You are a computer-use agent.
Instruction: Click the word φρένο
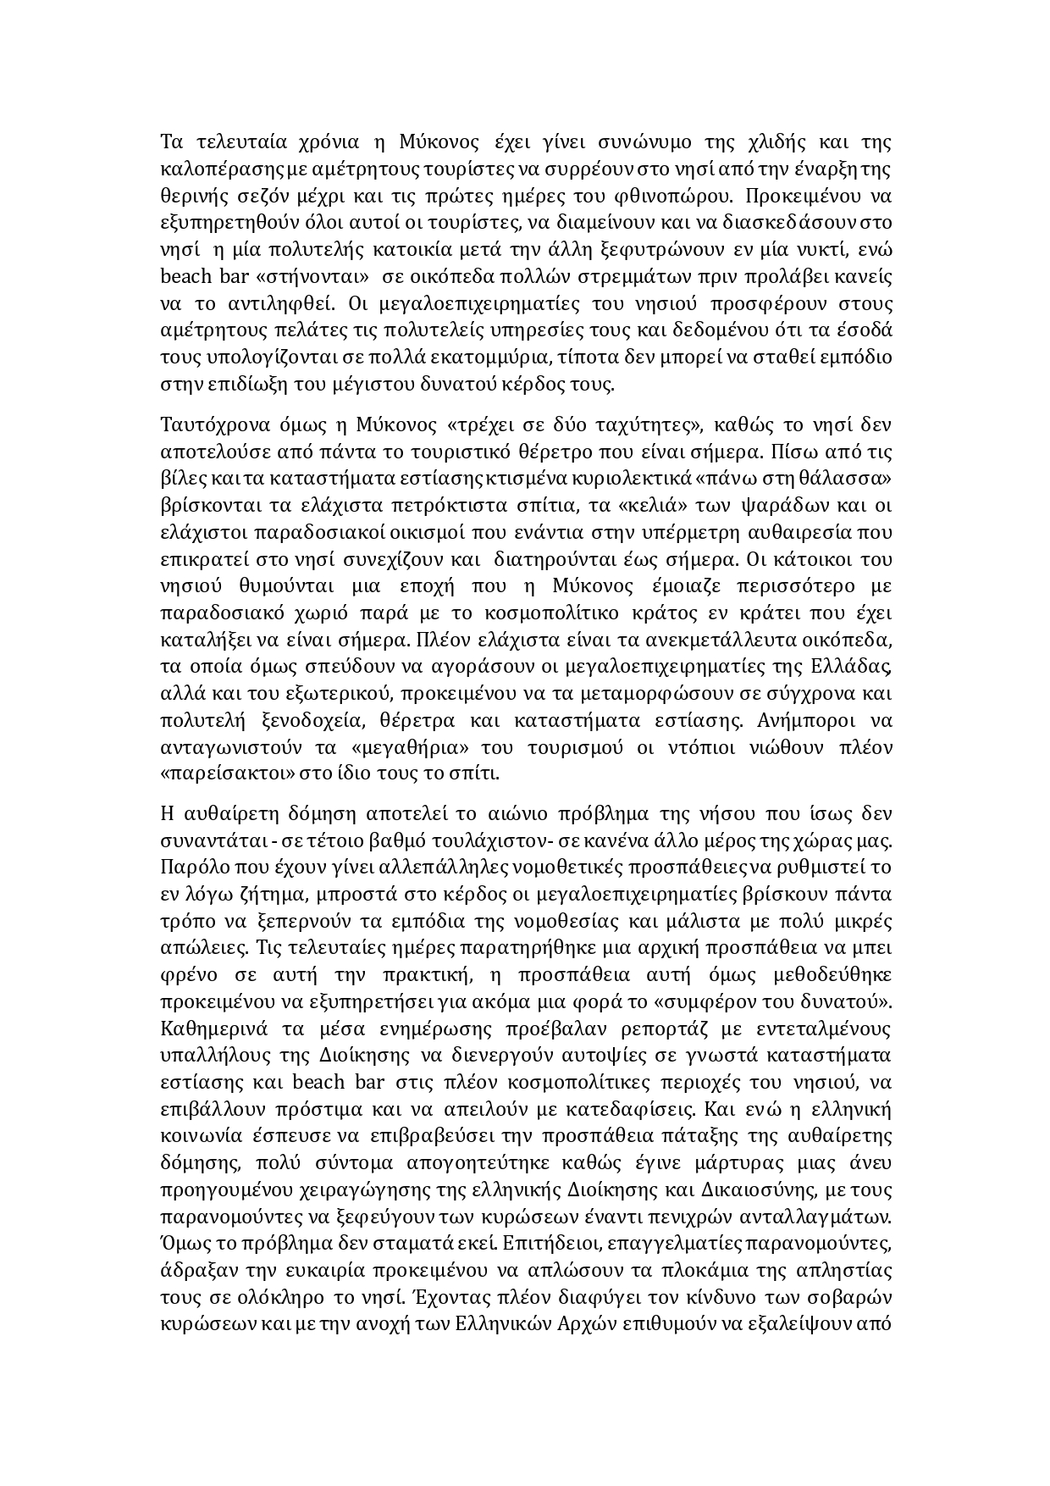pos(187,949)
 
